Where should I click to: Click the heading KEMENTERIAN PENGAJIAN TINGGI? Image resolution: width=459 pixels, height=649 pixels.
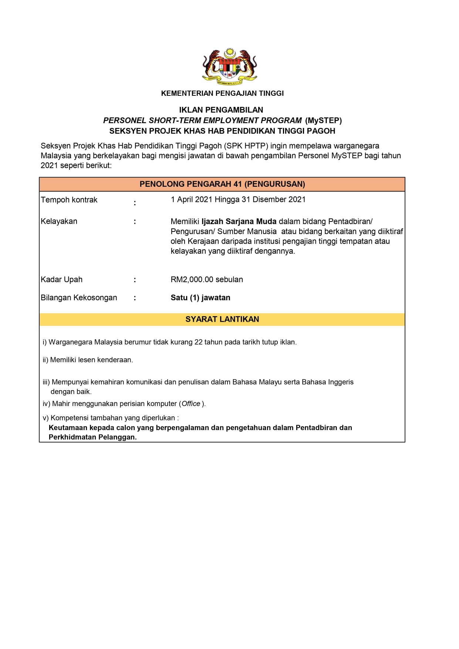click(x=222, y=94)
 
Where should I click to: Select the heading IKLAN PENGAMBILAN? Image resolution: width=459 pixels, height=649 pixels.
click(x=221, y=110)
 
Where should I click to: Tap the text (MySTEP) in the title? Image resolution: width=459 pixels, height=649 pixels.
click(x=323, y=121)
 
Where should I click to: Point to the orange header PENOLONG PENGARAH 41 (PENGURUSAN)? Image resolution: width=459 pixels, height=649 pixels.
click(x=222, y=184)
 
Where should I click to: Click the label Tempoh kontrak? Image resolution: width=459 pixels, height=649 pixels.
click(x=69, y=200)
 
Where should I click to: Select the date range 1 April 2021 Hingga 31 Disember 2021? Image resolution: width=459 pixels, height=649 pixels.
click(x=238, y=200)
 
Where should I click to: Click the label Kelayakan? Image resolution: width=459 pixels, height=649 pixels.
click(x=59, y=222)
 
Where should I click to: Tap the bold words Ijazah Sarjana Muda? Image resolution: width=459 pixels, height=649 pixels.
click(x=239, y=222)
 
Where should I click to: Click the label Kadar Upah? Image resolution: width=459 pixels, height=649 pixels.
click(x=62, y=280)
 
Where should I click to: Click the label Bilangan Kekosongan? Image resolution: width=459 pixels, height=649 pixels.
click(x=79, y=298)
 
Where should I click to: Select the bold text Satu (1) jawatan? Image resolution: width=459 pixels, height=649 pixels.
click(x=200, y=298)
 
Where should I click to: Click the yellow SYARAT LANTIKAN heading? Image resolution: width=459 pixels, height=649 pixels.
click(x=222, y=320)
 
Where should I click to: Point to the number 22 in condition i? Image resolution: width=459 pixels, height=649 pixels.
click(x=198, y=342)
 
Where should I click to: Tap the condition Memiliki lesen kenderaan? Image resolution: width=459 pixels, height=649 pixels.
click(x=91, y=360)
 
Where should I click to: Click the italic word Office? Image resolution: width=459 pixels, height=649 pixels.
click(x=191, y=404)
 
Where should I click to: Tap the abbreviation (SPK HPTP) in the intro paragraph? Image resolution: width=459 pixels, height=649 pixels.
click(x=246, y=146)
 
